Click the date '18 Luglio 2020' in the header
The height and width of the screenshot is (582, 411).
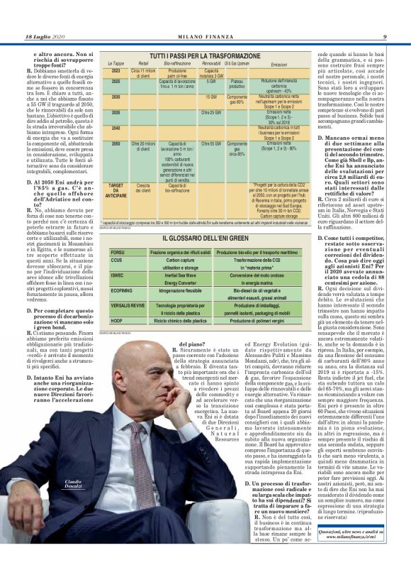coord(45,37)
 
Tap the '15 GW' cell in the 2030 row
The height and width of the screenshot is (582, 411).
coord(211,97)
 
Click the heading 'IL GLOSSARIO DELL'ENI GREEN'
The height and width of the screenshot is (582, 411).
coord(205,238)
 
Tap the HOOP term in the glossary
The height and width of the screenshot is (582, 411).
coord(118,321)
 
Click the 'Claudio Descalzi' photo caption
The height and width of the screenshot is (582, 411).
coord(82,483)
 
